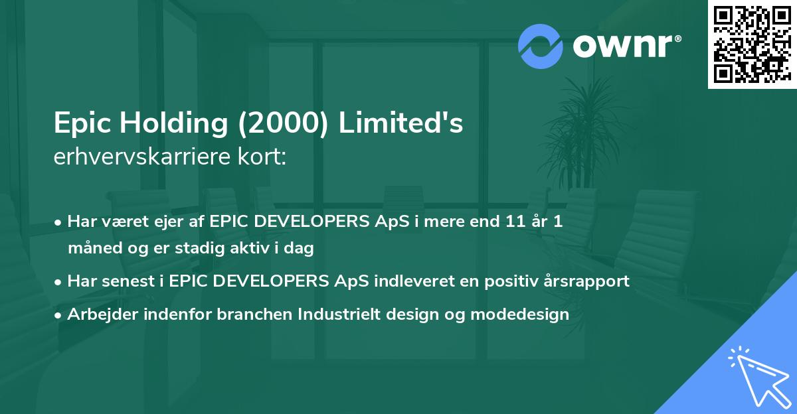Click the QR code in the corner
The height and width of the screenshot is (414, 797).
coord(752,44)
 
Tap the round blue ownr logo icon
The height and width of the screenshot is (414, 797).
coord(540,46)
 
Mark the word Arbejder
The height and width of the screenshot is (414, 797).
coord(98,314)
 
